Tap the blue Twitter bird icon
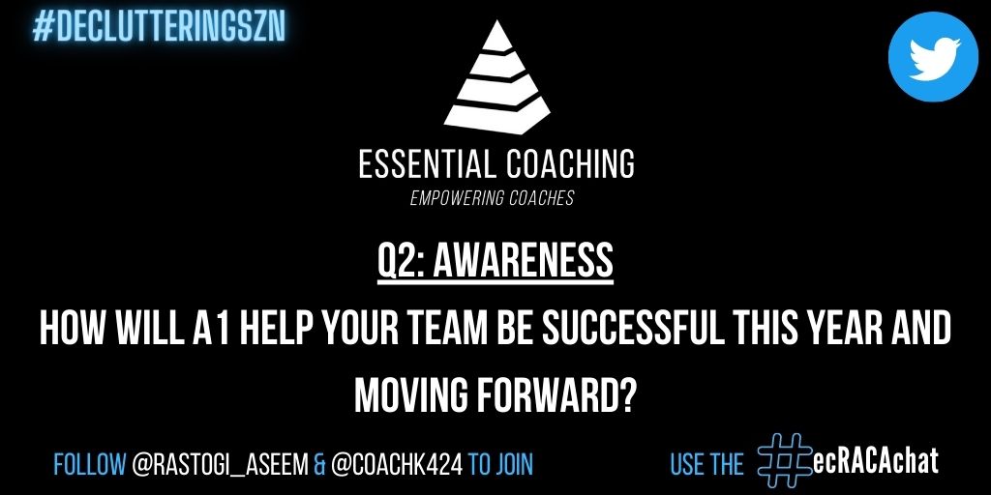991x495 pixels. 932,57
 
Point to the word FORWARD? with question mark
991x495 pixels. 557,393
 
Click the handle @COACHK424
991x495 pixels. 396,465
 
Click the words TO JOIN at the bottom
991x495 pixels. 501,465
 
